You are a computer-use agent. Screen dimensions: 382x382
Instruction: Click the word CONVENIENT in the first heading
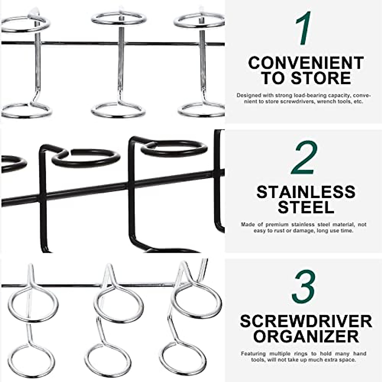coord(306,63)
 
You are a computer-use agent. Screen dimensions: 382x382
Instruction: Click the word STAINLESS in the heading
coord(306,192)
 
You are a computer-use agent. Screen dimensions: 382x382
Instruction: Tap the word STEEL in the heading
coord(306,207)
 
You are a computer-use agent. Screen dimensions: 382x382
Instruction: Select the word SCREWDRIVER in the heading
coord(306,321)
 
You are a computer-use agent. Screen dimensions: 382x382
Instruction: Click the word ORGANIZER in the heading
coord(306,336)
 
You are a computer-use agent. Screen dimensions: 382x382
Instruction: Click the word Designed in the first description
coord(249,95)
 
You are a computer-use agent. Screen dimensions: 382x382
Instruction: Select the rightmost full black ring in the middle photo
coord(174,148)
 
